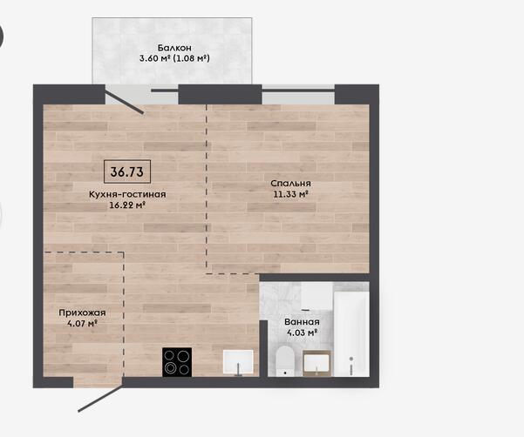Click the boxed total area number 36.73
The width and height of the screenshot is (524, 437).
tap(127, 171)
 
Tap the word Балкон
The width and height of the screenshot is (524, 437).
tap(174, 48)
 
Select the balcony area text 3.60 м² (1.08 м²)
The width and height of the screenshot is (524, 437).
tap(174, 58)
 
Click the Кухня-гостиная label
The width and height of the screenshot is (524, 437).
tap(127, 194)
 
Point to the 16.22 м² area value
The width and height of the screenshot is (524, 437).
tap(127, 205)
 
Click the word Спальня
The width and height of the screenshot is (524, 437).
tap(290, 184)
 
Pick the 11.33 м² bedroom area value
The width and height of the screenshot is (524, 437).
tap(290, 194)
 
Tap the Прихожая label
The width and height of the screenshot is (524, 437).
tap(82, 313)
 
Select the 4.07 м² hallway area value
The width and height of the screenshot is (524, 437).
tap(82, 323)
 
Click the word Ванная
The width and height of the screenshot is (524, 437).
tap(302, 322)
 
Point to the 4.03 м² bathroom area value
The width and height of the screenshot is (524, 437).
tap(302, 333)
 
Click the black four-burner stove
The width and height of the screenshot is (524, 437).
tap(177, 362)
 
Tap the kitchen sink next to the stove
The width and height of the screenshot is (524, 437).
tap(238, 363)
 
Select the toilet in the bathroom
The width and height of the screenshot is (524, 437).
tap(285, 361)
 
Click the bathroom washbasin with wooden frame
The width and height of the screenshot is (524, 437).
tap(316, 363)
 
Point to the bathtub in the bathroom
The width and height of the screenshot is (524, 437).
tap(351, 334)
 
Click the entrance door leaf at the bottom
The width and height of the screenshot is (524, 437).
tap(100, 399)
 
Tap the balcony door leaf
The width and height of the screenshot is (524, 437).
tap(125, 99)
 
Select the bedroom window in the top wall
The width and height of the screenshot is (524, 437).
tap(298, 94)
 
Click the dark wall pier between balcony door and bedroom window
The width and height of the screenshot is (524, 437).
tap(220, 94)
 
